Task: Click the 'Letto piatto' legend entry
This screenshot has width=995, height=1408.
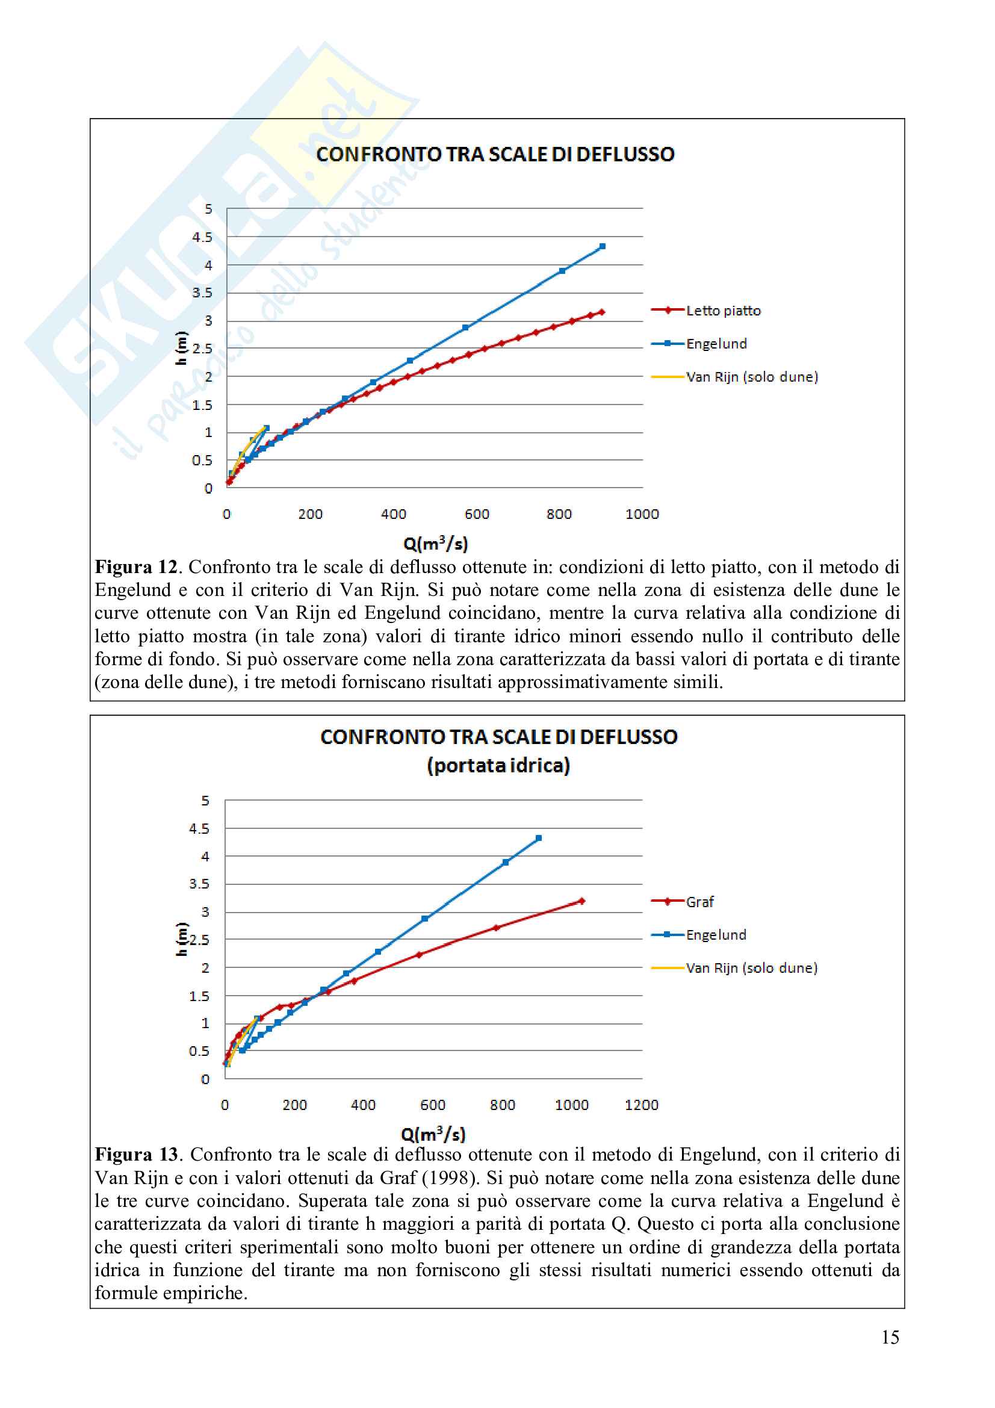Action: pos(723,311)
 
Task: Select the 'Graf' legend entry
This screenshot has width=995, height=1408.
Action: pos(699,902)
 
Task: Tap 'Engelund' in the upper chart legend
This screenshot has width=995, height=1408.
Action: pos(716,344)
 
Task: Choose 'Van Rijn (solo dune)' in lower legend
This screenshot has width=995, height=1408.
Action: pos(751,968)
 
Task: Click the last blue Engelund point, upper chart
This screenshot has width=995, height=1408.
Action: pos(602,247)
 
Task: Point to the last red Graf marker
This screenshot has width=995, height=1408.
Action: pos(581,901)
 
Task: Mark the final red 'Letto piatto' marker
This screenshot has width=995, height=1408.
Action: pos(601,312)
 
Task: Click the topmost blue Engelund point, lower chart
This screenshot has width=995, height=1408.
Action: pos(538,838)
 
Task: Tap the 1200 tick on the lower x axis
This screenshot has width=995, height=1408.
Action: pos(641,1105)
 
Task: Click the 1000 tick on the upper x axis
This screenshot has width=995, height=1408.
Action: pos(642,515)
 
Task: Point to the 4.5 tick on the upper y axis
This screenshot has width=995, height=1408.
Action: pos(202,237)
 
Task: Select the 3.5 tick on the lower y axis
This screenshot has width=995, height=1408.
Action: pos(199,884)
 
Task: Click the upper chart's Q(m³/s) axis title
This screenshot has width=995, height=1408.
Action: pos(435,544)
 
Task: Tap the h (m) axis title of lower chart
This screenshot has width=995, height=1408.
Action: pos(181,939)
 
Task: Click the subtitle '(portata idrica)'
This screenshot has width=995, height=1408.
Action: pos(498,765)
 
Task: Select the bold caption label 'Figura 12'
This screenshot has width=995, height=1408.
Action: pos(135,567)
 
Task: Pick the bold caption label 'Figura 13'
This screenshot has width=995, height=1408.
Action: pos(136,1155)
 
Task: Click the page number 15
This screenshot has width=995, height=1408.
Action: pos(890,1337)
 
